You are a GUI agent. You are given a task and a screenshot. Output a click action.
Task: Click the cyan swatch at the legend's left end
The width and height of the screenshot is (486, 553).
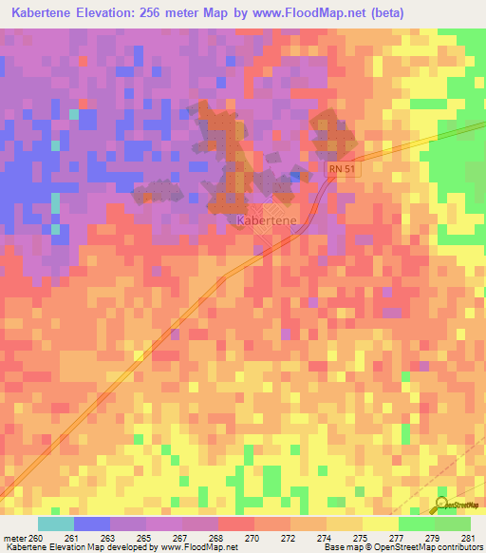point(55,524)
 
